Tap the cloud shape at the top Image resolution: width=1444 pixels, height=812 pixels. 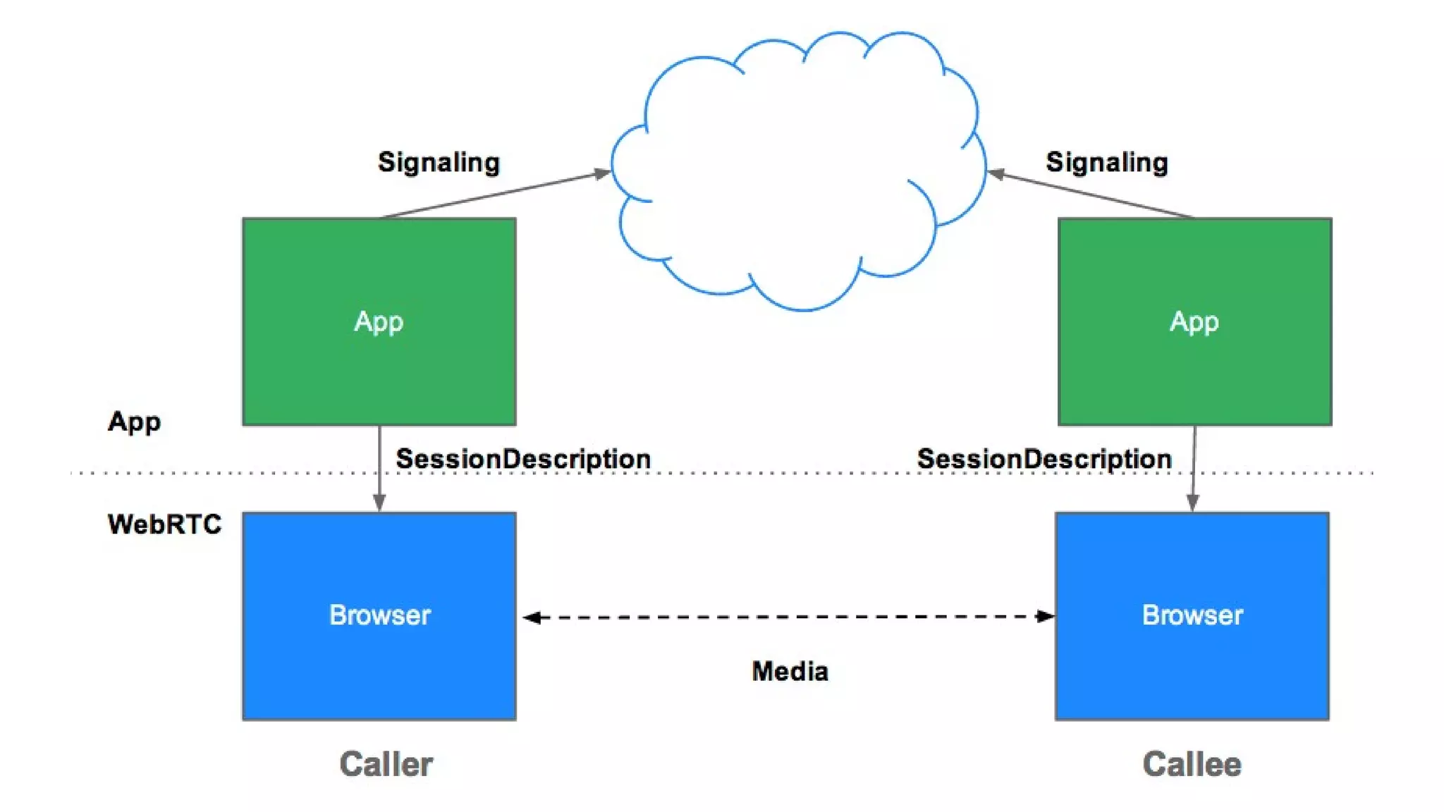pyautogui.click(x=797, y=169)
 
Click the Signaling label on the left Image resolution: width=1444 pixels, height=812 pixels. pyautogui.click(x=439, y=162)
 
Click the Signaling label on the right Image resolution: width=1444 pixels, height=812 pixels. pyautogui.click(x=1106, y=162)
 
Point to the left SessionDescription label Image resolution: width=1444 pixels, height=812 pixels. pyautogui.click(x=522, y=459)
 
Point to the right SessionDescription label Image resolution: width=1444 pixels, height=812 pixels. pyautogui.click(x=1044, y=459)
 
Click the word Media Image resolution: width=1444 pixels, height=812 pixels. pyautogui.click(x=790, y=671)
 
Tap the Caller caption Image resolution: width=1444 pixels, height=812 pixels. pyautogui.click(x=386, y=764)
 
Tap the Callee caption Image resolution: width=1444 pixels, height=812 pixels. pyautogui.click(x=1192, y=764)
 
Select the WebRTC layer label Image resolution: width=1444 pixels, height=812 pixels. pyautogui.click(x=164, y=524)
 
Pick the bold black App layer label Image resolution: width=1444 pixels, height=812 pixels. pyautogui.click(x=134, y=422)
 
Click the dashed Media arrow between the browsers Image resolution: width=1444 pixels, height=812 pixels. pyautogui.click(x=788, y=617)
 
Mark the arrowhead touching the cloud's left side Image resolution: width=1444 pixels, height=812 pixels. pyautogui.click(x=602, y=173)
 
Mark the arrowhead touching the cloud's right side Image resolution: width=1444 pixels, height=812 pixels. pyautogui.click(x=996, y=173)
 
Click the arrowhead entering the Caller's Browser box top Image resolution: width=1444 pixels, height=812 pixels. pyautogui.click(x=379, y=503)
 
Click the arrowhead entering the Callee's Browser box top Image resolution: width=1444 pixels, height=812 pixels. pyautogui.click(x=1192, y=503)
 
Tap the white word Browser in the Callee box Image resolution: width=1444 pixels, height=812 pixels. pyautogui.click(x=1192, y=615)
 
